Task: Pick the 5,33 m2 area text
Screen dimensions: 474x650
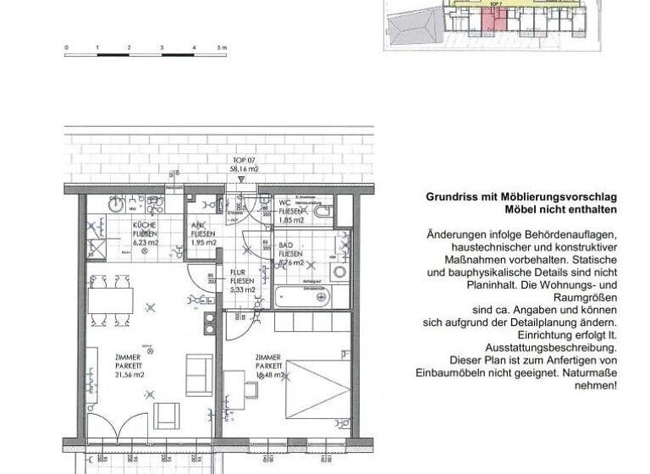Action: (241, 289)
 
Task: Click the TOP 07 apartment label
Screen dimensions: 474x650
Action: (244, 160)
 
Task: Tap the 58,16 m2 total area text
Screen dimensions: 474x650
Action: (245, 168)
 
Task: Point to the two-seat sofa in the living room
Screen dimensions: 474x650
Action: (200, 369)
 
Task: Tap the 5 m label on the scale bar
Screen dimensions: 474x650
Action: (221, 47)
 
